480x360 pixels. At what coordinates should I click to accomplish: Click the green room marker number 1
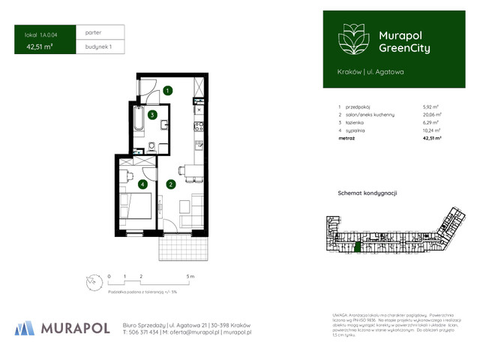168,91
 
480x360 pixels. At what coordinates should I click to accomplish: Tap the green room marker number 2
171,184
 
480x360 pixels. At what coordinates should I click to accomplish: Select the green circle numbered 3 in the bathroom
152,115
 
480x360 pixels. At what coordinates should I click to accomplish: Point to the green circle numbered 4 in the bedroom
142,184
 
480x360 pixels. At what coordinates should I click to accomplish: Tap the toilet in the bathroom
151,146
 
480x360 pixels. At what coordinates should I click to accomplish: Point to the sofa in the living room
196,209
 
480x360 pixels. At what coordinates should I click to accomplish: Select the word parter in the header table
94,33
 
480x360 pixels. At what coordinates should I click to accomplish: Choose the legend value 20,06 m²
432,115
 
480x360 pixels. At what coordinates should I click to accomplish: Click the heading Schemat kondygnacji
367,193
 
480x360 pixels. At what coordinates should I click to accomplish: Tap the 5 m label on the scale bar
191,277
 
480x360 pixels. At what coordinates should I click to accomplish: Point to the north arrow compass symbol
92,283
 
